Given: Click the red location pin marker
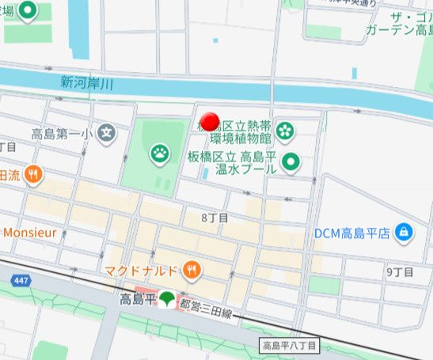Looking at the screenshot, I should [210, 121].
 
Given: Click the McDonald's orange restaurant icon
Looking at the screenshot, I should [190, 271].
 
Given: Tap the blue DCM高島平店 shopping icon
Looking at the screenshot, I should [404, 233].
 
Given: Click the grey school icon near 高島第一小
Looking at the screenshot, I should [107, 133].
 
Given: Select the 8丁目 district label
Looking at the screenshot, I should [214, 217].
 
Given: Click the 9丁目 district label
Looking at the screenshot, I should [400, 271].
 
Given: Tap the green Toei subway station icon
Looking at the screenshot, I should [167, 300].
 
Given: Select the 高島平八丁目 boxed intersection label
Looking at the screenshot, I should [289, 346].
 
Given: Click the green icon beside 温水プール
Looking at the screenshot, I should [291, 163].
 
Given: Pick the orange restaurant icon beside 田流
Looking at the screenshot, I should [32, 175].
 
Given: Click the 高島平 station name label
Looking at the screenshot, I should [137, 300].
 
